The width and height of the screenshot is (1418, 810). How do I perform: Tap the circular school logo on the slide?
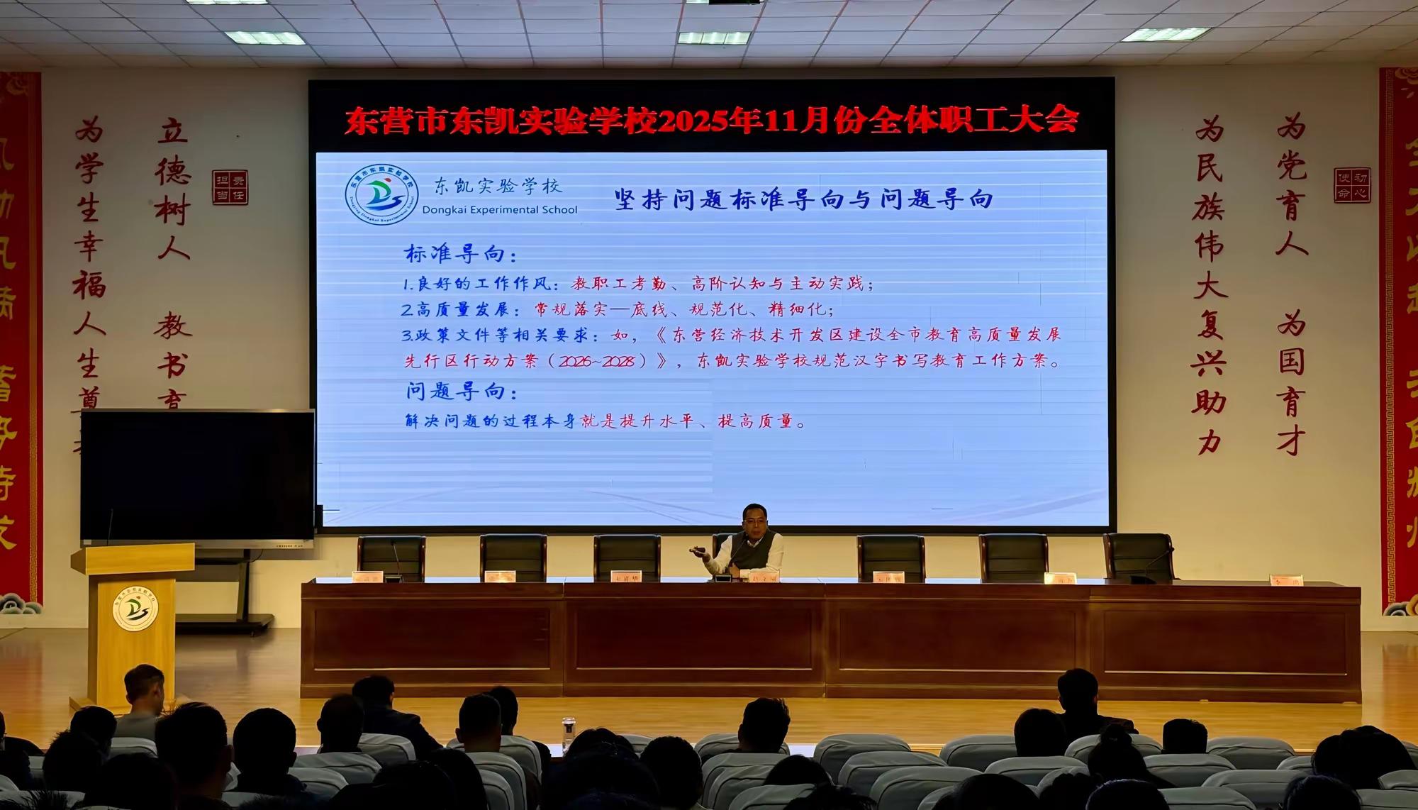click(x=381, y=194)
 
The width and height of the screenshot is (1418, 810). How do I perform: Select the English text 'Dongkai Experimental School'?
click(x=500, y=209)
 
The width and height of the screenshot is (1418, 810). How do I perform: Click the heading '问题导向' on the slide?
click(x=461, y=391)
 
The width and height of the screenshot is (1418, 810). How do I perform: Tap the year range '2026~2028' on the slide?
click(x=596, y=361)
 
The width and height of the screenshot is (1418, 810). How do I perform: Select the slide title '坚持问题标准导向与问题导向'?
click(x=803, y=199)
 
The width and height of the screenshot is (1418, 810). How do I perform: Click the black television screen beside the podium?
click(x=197, y=475)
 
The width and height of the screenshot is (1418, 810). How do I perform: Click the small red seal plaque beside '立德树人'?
click(x=230, y=187)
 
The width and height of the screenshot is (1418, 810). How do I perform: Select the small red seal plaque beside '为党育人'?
click(x=1351, y=185)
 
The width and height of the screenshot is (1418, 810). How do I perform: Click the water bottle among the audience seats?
click(x=568, y=734)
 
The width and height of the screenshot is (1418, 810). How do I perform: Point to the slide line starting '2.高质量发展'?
click(x=617, y=310)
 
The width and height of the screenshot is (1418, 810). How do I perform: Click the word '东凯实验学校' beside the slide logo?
click(x=498, y=187)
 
